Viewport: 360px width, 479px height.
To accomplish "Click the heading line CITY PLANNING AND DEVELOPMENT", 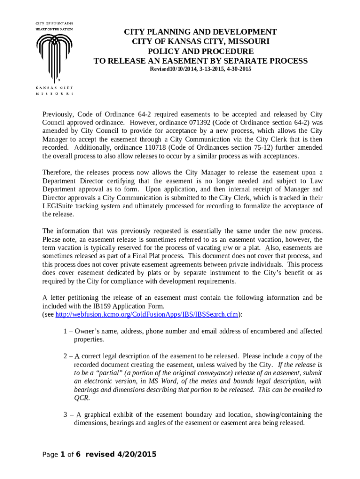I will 200,32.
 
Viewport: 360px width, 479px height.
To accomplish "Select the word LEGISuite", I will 60,206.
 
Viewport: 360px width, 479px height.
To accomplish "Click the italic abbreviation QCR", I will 81,398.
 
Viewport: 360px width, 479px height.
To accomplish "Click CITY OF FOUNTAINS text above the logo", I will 54,23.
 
